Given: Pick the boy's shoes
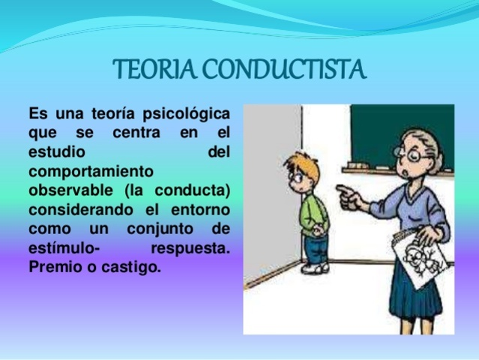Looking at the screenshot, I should [314, 268].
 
